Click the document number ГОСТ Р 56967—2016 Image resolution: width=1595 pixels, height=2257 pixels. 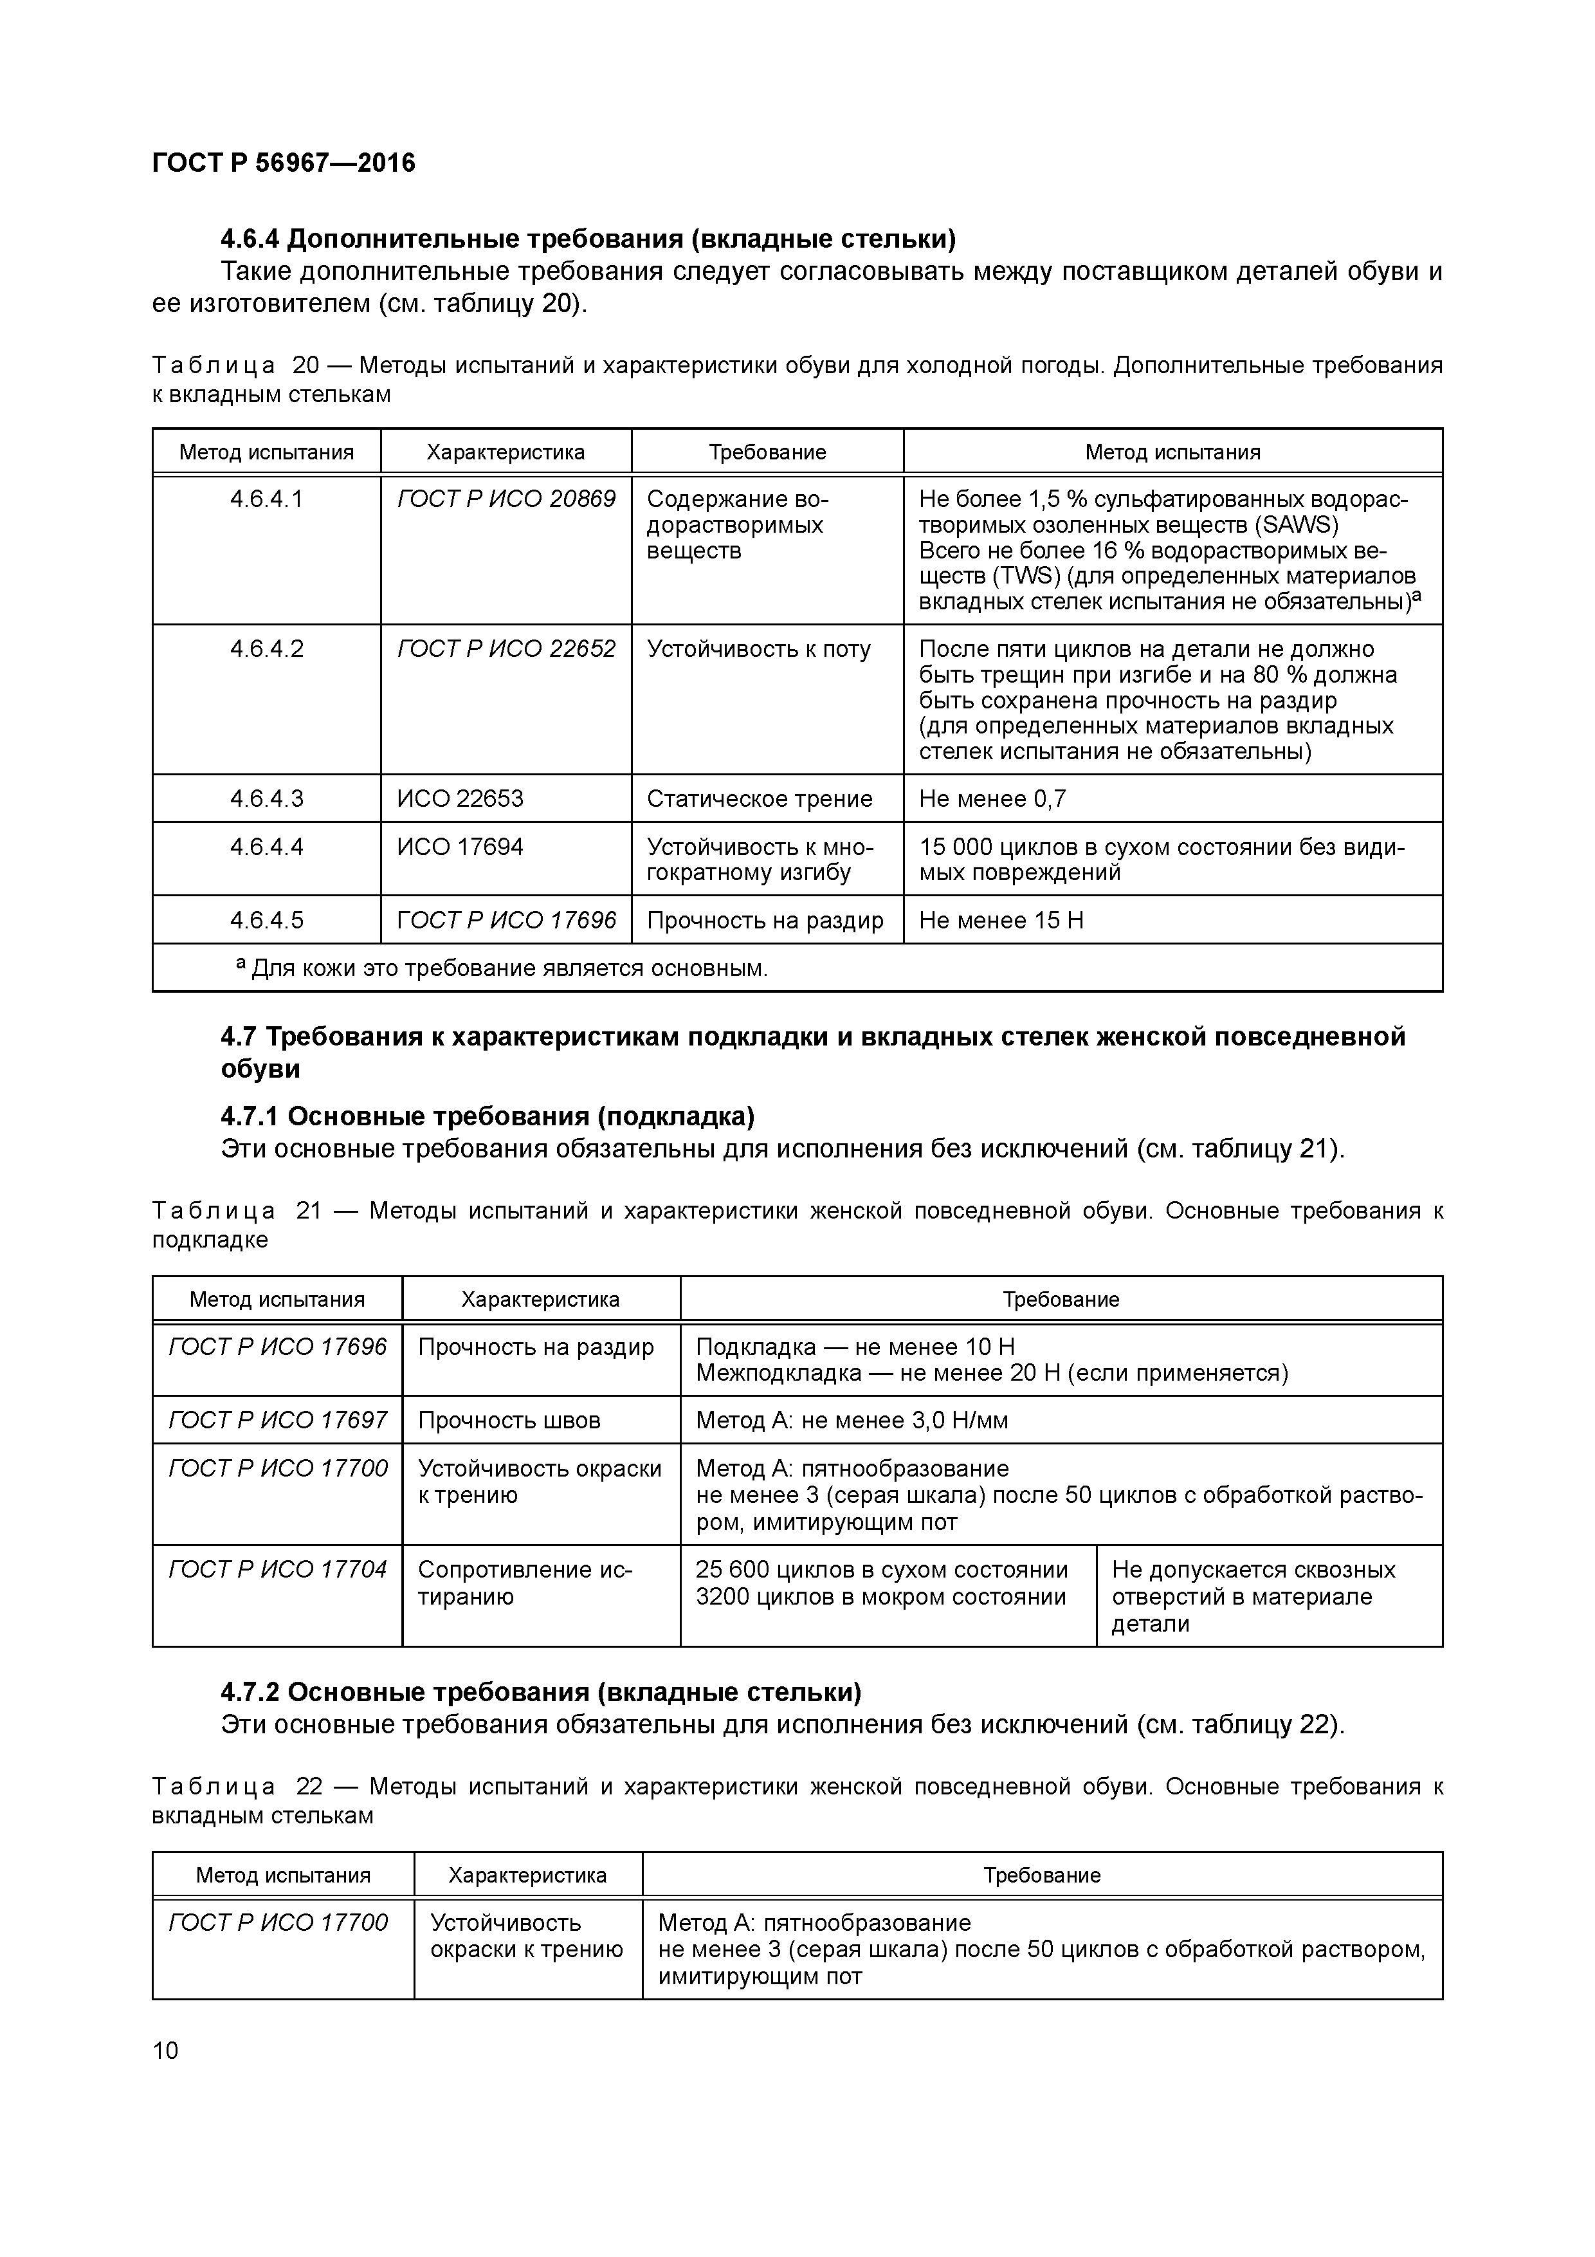(x=284, y=163)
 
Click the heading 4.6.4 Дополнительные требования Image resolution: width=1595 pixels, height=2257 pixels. (x=588, y=239)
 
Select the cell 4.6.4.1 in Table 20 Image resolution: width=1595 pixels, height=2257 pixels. (x=266, y=499)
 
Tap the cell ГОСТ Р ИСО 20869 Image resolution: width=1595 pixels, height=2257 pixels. (x=506, y=499)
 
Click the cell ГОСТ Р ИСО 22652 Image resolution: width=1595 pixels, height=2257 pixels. (x=506, y=649)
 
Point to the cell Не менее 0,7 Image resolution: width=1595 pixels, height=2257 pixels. (x=992, y=798)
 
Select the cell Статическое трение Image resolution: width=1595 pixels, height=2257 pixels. (x=759, y=798)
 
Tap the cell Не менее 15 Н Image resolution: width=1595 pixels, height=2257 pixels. (x=1001, y=920)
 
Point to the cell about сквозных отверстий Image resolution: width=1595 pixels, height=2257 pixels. (x=1252, y=1596)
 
